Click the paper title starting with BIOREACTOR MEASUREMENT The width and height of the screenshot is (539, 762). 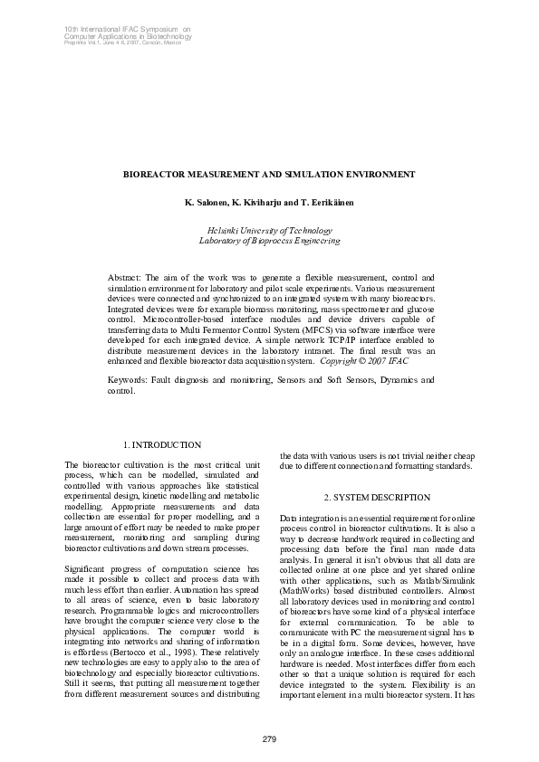point(269,174)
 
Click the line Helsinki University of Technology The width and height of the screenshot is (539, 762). point(269,231)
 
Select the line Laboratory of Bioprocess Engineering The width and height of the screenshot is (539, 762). point(269,241)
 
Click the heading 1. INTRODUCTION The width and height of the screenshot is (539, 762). point(161,445)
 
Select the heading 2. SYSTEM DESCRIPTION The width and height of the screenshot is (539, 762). point(376,499)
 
